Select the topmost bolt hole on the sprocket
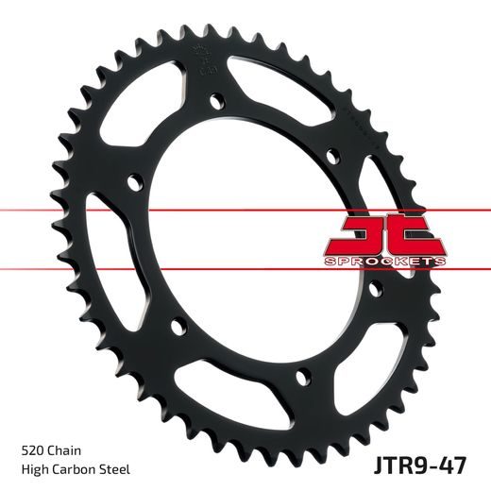(218, 98)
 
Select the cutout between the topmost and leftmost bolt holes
(142, 109)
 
